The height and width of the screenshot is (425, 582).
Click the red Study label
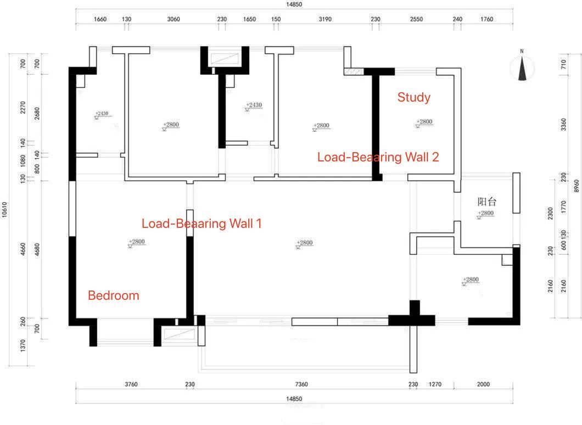(414, 98)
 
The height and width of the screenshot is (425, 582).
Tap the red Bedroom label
(114, 295)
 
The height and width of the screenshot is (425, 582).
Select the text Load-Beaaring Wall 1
(202, 223)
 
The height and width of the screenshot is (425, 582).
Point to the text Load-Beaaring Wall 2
(378, 157)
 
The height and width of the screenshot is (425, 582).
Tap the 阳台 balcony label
(487, 202)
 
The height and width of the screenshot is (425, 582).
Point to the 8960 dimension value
(577, 187)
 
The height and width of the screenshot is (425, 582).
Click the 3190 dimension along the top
(325, 19)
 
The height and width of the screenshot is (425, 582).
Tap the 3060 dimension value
(173, 19)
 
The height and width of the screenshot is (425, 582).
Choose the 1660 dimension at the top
(100, 19)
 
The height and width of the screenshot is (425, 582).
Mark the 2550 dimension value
(416, 19)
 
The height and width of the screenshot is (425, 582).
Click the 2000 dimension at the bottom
(483, 384)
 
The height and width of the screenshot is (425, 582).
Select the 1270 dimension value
(435, 384)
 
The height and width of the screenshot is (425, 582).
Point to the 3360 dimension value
(563, 127)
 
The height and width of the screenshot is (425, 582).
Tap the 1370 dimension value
(23, 345)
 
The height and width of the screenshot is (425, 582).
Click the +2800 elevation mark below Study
(424, 122)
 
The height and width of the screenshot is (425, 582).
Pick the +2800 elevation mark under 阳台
(485, 213)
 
